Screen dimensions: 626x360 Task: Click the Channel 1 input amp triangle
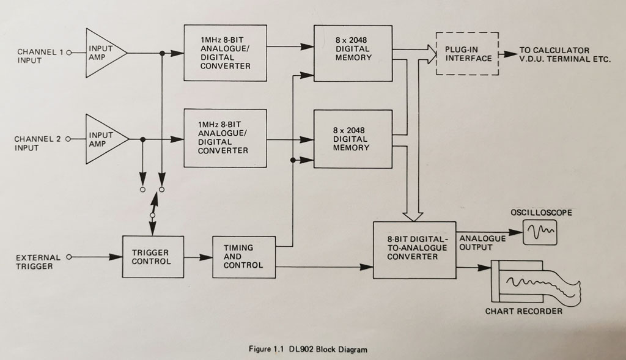click(103, 53)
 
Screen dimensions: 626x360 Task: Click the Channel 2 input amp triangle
click(104, 139)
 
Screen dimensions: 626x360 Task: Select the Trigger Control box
click(152, 257)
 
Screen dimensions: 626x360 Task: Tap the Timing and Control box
click(243, 257)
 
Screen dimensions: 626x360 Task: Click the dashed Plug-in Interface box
click(467, 53)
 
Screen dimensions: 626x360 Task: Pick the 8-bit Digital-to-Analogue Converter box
click(414, 250)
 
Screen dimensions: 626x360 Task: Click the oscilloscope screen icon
click(540, 232)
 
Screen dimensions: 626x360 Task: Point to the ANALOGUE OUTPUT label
click(482, 243)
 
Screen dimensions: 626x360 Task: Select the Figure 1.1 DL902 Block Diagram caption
click(307, 350)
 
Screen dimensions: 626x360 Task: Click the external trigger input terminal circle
click(68, 257)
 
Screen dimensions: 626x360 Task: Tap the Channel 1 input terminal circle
click(68, 53)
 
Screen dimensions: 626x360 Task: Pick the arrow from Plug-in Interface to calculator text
click(507, 53)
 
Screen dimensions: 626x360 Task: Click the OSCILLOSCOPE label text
click(541, 213)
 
